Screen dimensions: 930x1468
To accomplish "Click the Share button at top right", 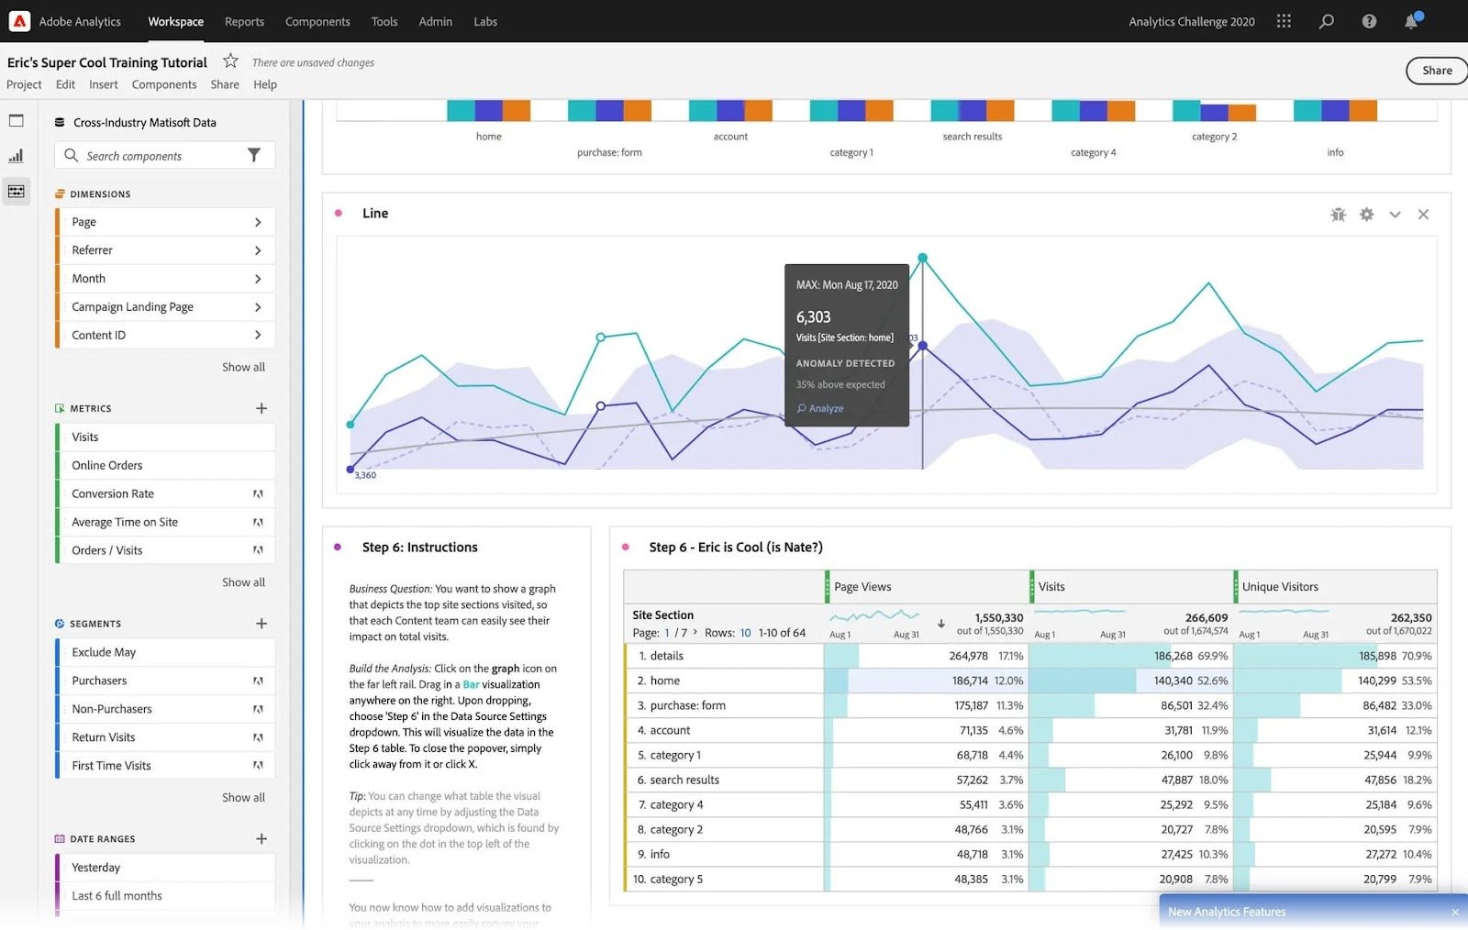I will [1436, 71].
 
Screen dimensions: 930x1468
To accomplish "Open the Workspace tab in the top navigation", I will [175, 21].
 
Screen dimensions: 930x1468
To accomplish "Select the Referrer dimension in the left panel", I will [93, 250].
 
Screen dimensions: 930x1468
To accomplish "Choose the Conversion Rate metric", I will [113, 493].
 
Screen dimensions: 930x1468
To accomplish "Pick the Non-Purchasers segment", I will [112, 709].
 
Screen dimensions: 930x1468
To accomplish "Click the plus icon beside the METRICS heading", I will [261, 408].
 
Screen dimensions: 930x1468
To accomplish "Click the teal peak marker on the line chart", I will [922, 258].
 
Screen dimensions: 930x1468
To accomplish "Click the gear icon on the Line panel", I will [1366, 215].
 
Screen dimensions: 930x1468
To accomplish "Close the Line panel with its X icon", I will [1423, 215].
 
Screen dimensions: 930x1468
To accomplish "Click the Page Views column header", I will [862, 587].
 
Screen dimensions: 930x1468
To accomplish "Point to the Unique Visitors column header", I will [1280, 587].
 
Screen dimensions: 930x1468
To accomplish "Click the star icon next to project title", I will [230, 61].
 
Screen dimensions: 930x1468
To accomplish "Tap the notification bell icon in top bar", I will [1411, 22].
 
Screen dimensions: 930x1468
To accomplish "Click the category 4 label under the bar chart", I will [1093, 152].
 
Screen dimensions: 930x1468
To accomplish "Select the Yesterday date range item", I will [96, 868].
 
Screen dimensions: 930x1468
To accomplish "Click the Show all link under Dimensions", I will [243, 367].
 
